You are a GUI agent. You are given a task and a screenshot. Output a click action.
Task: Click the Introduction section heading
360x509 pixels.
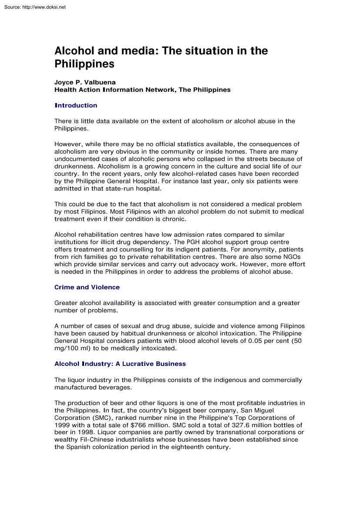pyautogui.click(x=76, y=105)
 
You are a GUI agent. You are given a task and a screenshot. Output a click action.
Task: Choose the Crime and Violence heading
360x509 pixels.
pyautogui.click(x=87, y=287)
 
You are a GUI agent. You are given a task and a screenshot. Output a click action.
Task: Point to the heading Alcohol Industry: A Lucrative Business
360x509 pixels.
pyautogui.click(x=120, y=364)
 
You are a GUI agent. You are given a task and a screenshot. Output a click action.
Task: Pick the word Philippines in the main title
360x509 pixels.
pyautogui.click(x=84, y=64)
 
